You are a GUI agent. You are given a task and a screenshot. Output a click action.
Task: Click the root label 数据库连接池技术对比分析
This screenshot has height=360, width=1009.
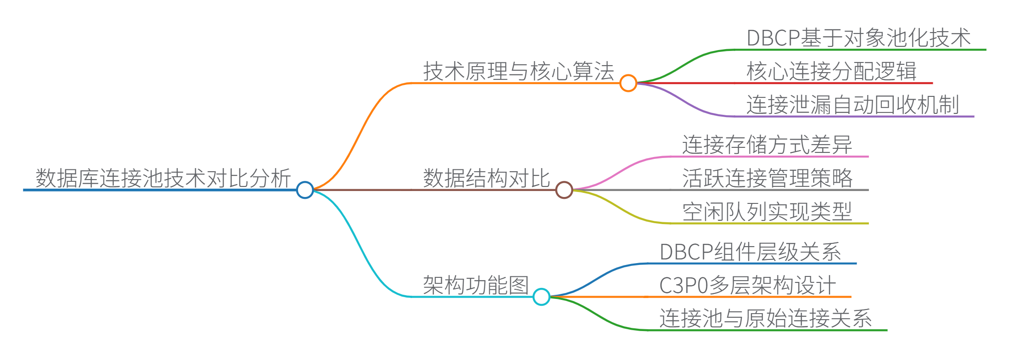point(163,178)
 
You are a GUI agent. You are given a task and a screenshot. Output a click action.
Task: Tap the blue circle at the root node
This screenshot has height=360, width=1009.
point(305,190)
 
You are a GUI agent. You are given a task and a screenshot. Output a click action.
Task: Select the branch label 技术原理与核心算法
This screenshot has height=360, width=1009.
point(519,72)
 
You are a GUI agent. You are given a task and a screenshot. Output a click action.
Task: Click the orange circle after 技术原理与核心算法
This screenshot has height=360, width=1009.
point(628,83)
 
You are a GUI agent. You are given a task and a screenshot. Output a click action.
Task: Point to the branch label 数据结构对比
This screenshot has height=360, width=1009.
point(486,178)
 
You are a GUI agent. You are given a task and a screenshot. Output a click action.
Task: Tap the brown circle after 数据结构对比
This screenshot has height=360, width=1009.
point(564,190)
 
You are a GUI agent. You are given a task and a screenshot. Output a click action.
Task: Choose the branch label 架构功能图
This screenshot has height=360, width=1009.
point(476,285)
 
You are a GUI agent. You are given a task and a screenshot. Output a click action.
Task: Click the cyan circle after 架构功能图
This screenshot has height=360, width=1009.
point(541,297)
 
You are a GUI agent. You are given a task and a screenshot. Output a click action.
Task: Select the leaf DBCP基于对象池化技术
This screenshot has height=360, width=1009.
point(858,38)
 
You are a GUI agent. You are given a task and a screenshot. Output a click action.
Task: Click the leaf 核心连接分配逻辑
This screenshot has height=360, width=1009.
point(831,72)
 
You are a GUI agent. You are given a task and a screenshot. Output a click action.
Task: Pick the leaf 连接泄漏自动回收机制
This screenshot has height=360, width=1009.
point(852,105)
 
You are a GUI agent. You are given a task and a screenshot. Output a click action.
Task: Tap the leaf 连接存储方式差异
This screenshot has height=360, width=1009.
point(767,145)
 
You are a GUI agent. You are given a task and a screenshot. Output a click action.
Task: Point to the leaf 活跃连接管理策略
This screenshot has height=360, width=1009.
point(767,178)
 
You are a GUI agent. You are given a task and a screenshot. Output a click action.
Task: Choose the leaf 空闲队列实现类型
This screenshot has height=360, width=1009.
point(767,212)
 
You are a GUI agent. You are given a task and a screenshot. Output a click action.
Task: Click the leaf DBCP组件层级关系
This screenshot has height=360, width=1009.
point(750,252)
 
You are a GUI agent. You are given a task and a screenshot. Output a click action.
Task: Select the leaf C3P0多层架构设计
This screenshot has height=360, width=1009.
point(747,285)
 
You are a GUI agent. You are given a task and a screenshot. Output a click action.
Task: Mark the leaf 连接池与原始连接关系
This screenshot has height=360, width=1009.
point(765,319)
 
